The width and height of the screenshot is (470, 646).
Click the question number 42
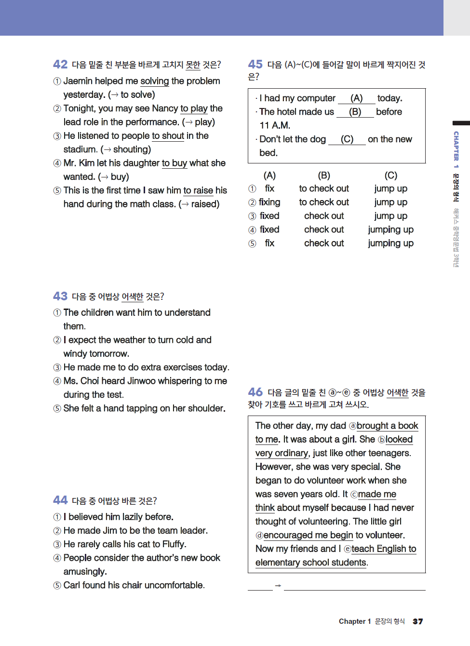pyautogui.click(x=60, y=64)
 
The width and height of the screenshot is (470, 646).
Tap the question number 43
pyautogui.click(x=60, y=296)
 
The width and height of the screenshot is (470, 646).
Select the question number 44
pyautogui.click(x=60, y=500)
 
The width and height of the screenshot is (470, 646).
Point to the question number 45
pyautogui.click(x=255, y=64)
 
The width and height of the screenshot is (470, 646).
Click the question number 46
pyautogui.click(x=255, y=392)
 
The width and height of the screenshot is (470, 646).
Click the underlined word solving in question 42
pyautogui.click(x=155, y=81)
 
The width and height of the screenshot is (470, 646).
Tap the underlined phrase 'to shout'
pyautogui.click(x=168, y=136)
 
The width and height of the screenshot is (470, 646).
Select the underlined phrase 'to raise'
pyautogui.click(x=198, y=190)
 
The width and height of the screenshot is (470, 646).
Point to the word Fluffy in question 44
pyautogui.click(x=174, y=544)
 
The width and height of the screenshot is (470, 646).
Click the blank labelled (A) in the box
pyautogui.click(x=356, y=98)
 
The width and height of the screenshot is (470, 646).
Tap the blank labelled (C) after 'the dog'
pyautogui.click(x=347, y=139)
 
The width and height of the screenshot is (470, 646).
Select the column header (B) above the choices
pyautogui.click(x=324, y=175)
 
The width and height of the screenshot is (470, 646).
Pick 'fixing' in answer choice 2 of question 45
pyautogui.click(x=269, y=202)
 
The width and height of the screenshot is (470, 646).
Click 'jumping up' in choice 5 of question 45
pyautogui.click(x=390, y=243)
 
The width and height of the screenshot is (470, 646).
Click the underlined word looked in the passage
pyautogui.click(x=399, y=440)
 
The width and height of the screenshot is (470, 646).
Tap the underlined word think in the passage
pyautogui.click(x=265, y=508)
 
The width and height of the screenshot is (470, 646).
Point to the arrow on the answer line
pyautogui.click(x=278, y=585)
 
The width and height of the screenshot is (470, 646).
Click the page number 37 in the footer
pyautogui.click(x=418, y=621)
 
